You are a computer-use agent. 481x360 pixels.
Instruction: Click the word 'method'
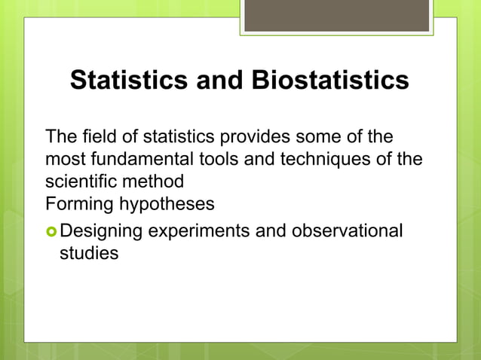click(155, 182)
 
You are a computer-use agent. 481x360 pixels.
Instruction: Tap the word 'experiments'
click(198, 230)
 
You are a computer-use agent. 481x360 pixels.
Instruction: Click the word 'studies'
click(89, 252)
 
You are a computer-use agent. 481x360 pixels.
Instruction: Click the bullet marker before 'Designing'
click(51, 230)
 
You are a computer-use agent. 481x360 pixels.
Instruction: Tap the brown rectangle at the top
click(336, 16)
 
